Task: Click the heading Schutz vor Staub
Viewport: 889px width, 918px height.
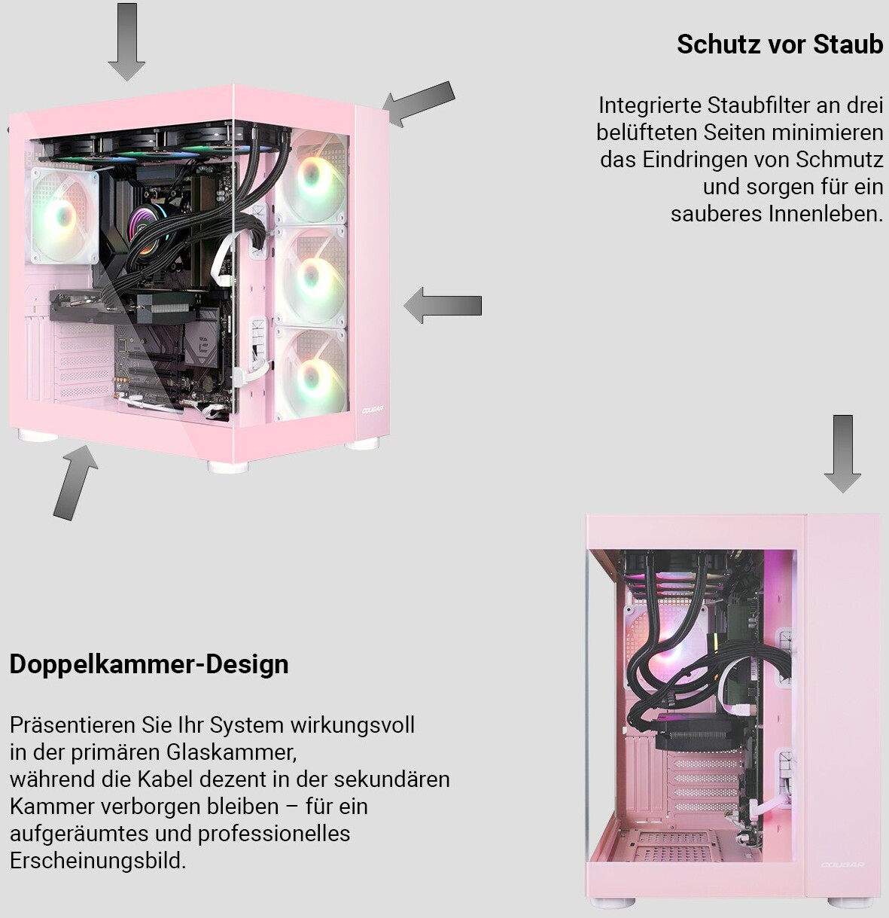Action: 779,44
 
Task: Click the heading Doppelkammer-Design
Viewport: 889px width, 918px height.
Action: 149,664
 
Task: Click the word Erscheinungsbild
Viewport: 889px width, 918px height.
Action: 97,860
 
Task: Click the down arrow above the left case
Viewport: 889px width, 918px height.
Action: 126,41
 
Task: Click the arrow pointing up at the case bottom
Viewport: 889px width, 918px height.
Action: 75,482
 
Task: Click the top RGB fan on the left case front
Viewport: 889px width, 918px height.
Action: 310,177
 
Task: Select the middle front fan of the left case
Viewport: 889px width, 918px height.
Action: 310,276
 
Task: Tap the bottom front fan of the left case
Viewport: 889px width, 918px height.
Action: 310,374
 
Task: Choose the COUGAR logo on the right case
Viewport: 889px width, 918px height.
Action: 842,865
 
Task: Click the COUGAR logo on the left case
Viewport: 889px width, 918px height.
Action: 373,410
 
